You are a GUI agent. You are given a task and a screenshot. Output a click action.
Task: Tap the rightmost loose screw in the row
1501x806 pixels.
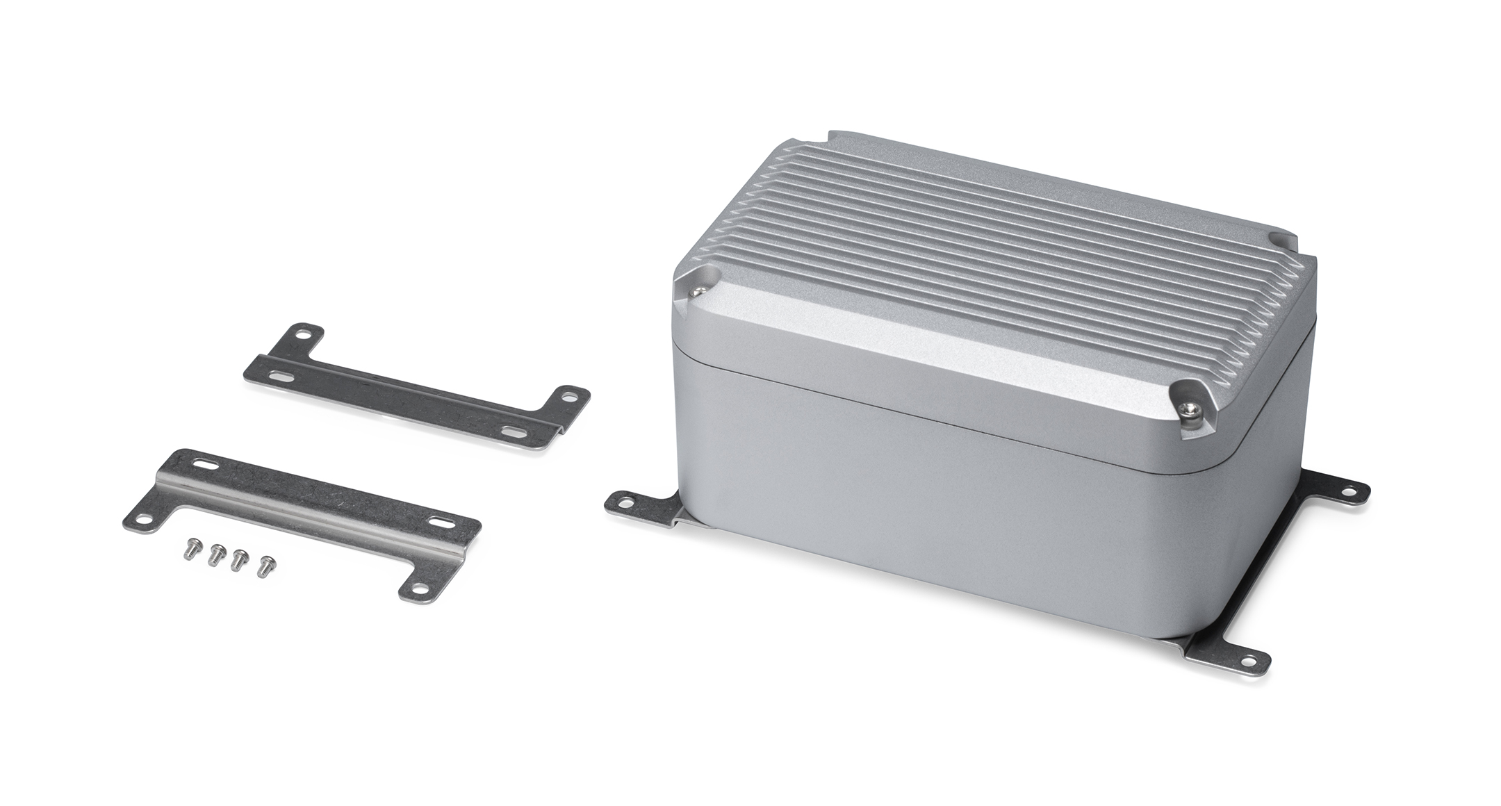264,566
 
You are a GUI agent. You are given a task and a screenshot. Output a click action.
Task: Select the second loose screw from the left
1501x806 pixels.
215,554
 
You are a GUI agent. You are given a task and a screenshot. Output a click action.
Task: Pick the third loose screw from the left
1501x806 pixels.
239,559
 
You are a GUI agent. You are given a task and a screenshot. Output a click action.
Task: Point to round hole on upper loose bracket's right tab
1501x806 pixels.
571,398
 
